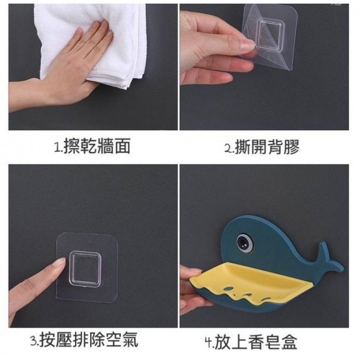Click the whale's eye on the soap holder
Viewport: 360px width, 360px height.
tap(244, 242)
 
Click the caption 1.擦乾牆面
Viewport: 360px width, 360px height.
tap(92, 146)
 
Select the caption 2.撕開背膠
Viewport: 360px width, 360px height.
tap(262, 146)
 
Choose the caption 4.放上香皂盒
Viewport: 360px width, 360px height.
tap(251, 342)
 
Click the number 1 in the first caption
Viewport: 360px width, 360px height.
tap(57, 147)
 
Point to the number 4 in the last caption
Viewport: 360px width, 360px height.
tap(208, 343)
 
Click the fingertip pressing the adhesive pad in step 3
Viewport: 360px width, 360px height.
tap(60, 262)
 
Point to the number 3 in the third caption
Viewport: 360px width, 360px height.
tap(34, 340)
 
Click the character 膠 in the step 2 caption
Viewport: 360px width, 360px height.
tap(292, 146)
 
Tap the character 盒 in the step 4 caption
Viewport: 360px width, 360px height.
tap(289, 342)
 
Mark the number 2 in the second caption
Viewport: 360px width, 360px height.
tap(228, 148)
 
